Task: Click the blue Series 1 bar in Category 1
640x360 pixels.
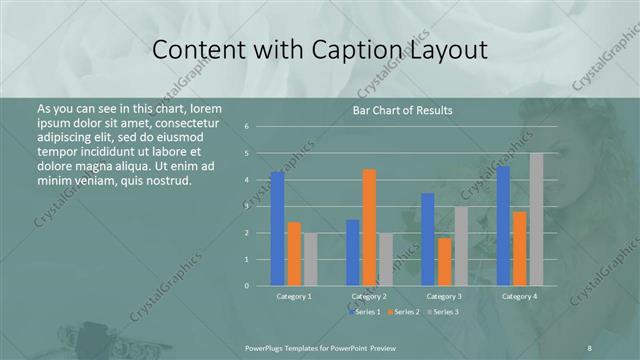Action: [277, 229]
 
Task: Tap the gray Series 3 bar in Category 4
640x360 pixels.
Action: [536, 219]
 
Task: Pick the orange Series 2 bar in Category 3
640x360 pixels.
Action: [444, 262]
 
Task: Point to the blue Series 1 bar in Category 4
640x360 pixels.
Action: [503, 226]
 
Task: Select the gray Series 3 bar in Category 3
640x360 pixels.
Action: [461, 246]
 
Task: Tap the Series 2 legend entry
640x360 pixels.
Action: [404, 312]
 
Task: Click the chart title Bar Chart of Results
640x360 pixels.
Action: [403, 110]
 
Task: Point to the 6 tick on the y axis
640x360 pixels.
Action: [246, 127]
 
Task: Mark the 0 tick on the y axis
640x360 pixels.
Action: [246, 286]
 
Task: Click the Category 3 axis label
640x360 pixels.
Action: [444, 297]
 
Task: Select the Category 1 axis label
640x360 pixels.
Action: [294, 297]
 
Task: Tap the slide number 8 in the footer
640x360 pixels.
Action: [590, 346]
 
